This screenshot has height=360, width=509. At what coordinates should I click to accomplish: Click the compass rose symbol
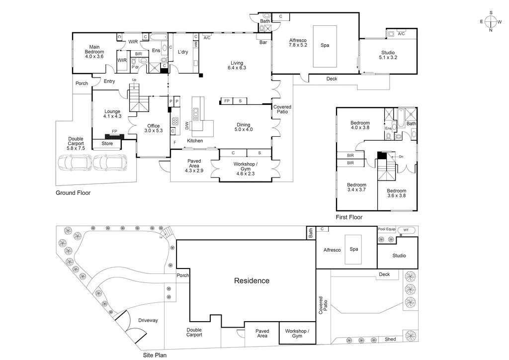[491, 21]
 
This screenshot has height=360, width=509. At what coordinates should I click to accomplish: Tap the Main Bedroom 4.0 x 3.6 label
[94, 52]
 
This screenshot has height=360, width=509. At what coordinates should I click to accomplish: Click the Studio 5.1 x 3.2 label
[388, 55]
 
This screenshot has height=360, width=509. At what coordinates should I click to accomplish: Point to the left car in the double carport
[75, 163]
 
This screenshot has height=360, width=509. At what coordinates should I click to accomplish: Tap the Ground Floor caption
[73, 192]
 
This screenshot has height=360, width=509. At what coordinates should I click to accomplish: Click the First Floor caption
[349, 217]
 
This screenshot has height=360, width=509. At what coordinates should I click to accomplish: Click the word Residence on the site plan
[252, 280]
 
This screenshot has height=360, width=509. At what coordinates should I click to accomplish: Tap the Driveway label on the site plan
[148, 320]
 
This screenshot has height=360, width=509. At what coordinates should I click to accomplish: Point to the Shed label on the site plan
[390, 339]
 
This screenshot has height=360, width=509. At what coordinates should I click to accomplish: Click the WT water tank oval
[406, 230]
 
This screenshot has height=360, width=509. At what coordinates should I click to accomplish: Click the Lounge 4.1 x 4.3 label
[112, 114]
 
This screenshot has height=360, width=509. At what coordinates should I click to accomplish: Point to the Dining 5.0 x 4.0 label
[244, 127]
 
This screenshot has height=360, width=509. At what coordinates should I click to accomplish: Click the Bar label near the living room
[263, 43]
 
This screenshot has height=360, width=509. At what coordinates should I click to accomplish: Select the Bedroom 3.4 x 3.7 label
[356, 187]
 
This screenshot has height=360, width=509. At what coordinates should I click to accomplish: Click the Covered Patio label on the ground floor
[282, 110]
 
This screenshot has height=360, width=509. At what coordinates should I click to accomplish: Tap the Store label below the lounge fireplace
[107, 144]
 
